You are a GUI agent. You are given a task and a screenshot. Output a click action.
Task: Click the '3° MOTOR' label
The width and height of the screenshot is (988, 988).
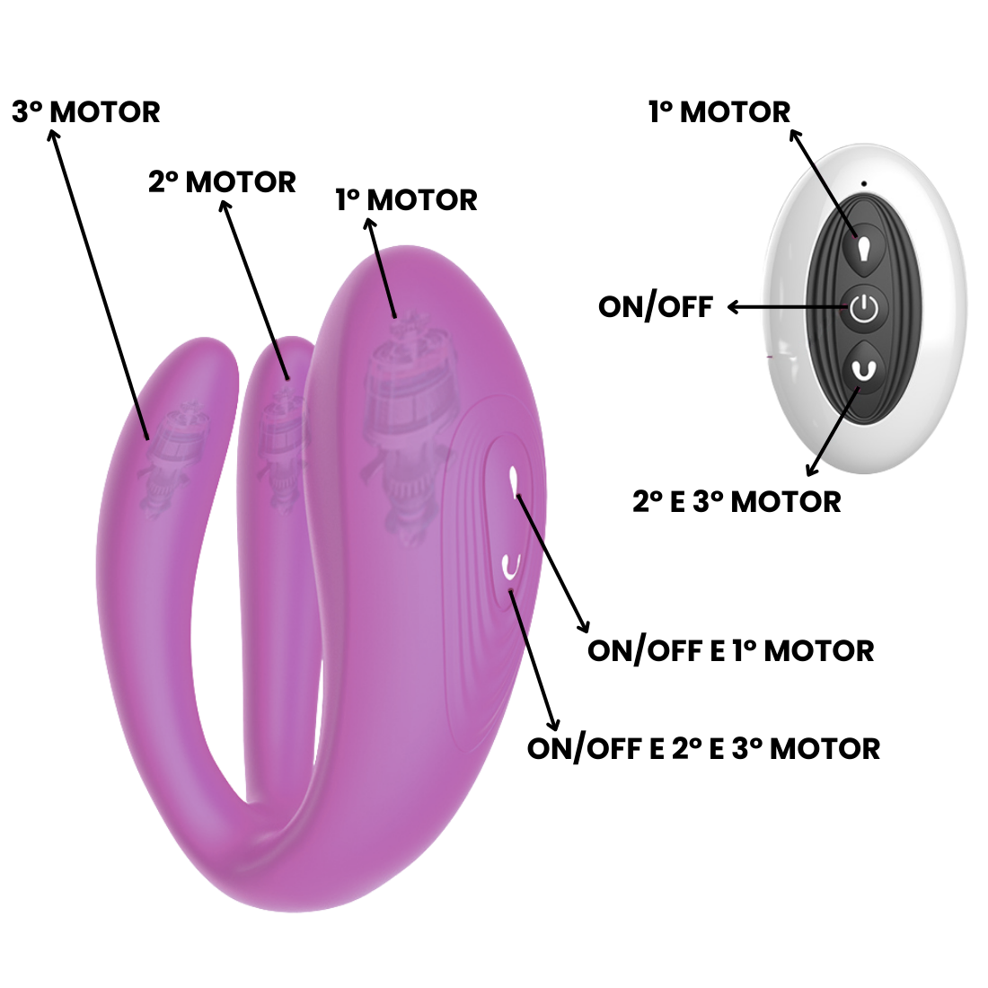click(x=86, y=112)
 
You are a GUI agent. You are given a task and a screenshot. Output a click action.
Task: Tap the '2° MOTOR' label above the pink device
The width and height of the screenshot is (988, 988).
click(x=222, y=182)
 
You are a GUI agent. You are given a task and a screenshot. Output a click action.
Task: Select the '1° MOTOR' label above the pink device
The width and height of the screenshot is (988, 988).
click(x=406, y=199)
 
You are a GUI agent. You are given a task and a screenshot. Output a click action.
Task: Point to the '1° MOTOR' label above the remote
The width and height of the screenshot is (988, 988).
click(x=719, y=112)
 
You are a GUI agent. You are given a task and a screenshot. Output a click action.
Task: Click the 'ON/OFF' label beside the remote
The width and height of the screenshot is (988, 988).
click(x=656, y=307)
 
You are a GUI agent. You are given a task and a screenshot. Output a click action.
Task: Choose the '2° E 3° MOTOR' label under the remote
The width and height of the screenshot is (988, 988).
click(x=737, y=501)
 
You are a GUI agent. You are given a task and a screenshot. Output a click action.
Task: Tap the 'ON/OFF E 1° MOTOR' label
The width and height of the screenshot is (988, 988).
click(x=730, y=650)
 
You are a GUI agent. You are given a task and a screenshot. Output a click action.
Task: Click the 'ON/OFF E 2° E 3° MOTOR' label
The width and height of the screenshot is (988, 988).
click(x=703, y=748)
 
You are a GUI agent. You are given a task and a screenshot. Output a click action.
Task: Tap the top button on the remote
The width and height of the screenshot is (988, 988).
click(x=862, y=245)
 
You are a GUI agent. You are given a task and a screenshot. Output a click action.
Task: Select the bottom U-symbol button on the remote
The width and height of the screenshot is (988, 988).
click(x=863, y=369)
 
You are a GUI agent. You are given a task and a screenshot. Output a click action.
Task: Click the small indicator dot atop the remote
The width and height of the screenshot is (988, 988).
click(x=863, y=185)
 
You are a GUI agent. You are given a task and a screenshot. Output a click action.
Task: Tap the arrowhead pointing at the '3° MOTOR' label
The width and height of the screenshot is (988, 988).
click(x=54, y=136)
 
